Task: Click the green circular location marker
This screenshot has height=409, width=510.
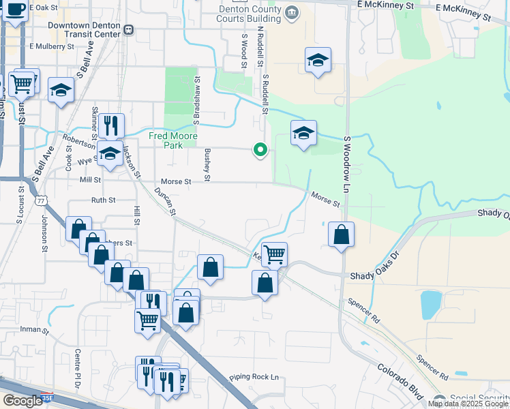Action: [260, 149]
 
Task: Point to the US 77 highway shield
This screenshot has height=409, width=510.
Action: [42, 200]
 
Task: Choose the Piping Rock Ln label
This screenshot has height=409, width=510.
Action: [254, 377]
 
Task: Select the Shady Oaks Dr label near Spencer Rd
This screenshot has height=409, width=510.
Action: [374, 276]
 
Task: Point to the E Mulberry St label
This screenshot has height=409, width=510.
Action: [52, 47]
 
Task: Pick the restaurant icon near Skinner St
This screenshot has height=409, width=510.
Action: [111, 126]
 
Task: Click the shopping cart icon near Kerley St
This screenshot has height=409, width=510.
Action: [274, 254]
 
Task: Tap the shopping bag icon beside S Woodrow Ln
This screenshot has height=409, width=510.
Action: [341, 234]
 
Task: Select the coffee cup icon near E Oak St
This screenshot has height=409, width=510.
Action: [15, 10]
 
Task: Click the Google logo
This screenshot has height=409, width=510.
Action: [22, 401]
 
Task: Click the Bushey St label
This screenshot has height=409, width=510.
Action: [207, 161]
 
